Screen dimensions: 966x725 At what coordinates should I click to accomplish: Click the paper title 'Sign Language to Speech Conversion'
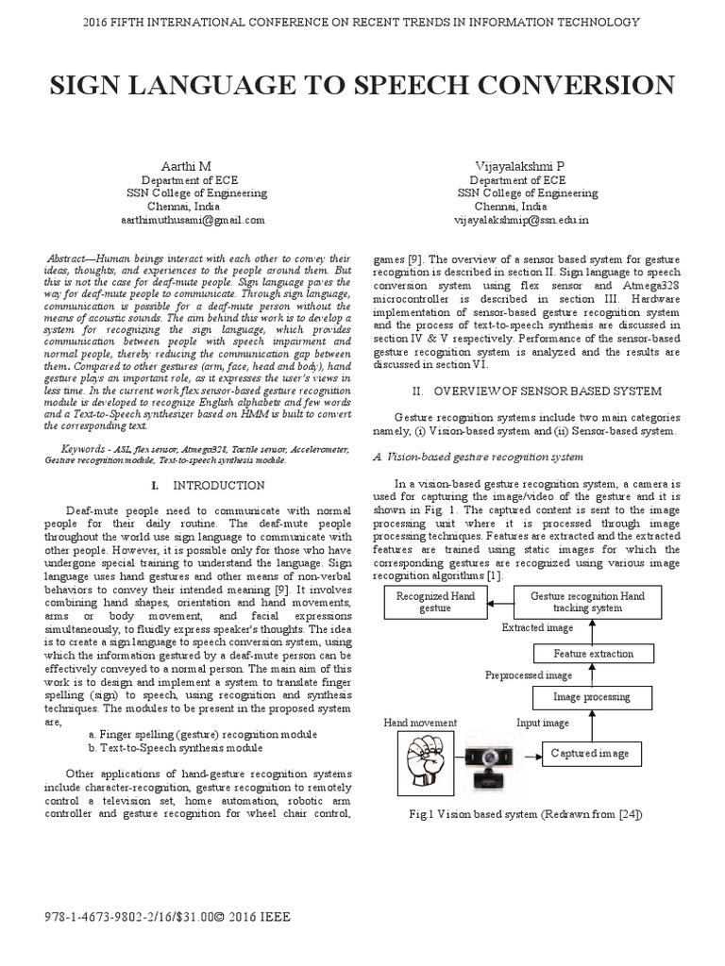pos(362,85)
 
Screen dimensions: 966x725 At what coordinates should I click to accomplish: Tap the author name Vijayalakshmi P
pos(518,165)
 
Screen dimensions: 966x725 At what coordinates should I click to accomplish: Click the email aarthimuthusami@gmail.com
pos(193,219)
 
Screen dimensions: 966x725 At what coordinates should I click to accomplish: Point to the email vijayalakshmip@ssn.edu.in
pos(521,219)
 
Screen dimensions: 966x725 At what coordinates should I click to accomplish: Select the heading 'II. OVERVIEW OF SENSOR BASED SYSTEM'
pos(524,391)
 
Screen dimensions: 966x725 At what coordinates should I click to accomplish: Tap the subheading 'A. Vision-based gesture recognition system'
pos(479,457)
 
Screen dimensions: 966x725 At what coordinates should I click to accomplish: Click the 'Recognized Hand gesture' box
pos(424,602)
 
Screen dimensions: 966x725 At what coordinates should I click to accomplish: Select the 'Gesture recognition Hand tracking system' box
pos(587,602)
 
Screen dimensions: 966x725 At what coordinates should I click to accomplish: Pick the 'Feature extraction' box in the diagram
pos(593,653)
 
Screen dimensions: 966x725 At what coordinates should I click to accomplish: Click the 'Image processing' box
pos(593,697)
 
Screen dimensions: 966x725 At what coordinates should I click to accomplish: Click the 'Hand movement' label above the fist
pos(419,723)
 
